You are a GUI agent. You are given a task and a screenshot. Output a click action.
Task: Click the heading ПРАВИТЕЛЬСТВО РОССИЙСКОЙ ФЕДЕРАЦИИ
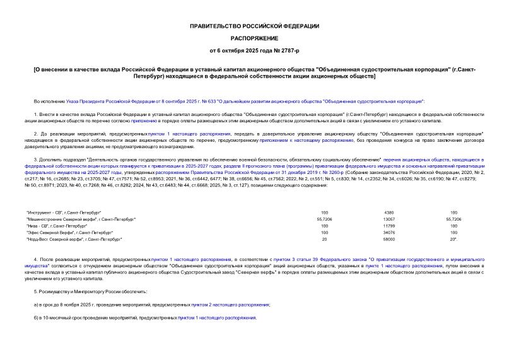(254, 26)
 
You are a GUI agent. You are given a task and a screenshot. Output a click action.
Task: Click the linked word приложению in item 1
(144, 119)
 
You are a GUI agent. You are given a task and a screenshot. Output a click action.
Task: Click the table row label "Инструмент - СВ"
(64, 212)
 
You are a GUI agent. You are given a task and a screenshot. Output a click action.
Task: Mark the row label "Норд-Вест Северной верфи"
(74, 240)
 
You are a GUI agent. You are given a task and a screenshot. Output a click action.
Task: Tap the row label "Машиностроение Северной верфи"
(81, 219)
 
